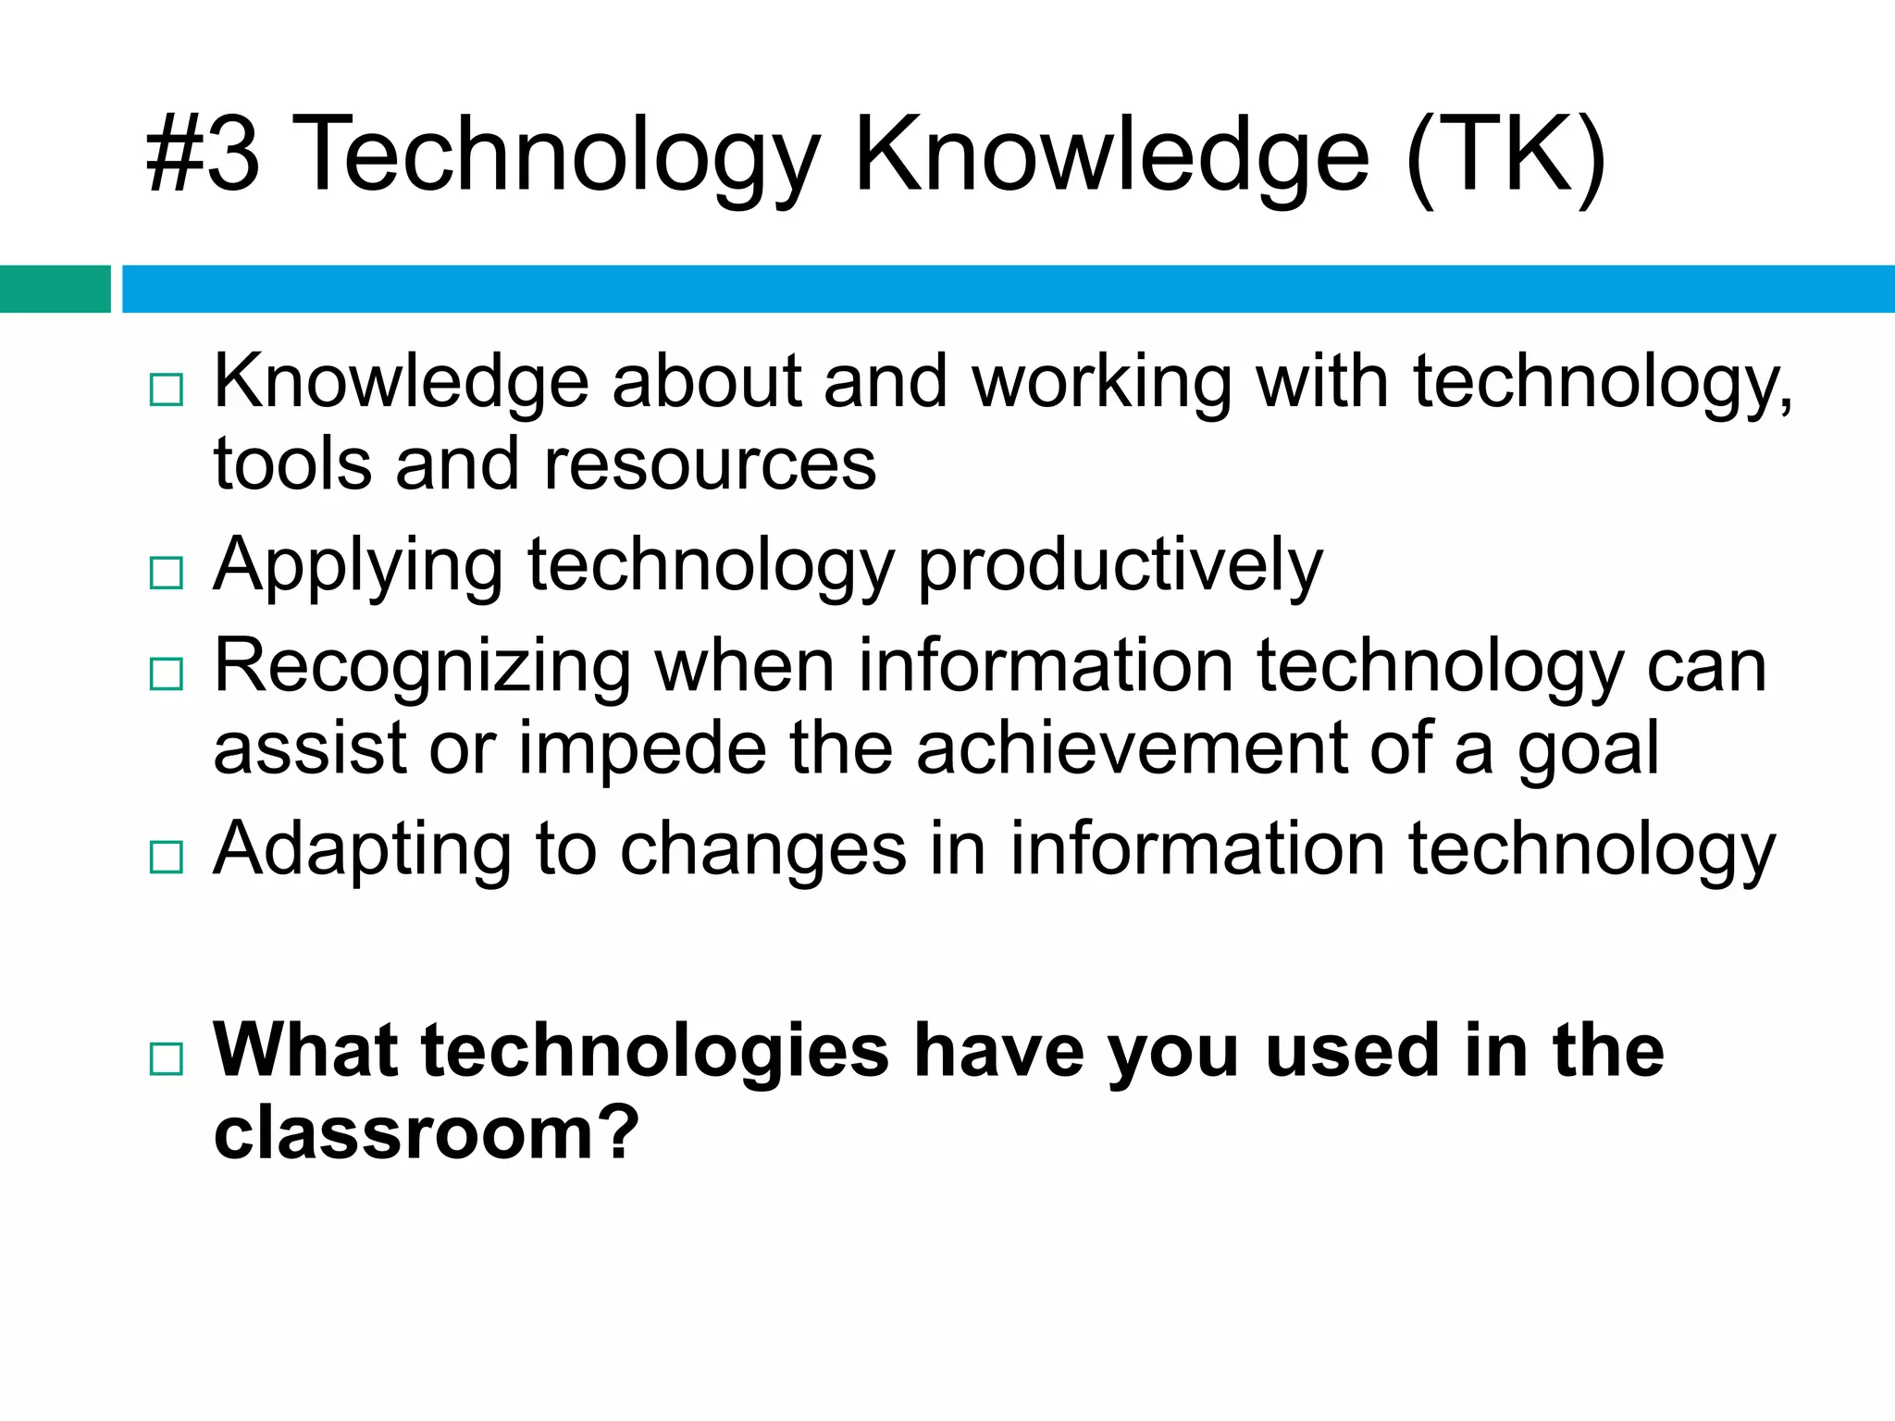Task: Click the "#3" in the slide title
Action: pyautogui.click(x=204, y=154)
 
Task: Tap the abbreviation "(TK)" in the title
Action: pyautogui.click(x=1506, y=155)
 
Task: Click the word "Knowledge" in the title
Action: pyautogui.click(x=1111, y=154)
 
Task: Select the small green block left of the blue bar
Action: pyautogui.click(x=55, y=289)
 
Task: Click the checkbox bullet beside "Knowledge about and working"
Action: pyautogui.click(x=167, y=390)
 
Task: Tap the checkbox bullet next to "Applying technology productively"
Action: pyautogui.click(x=167, y=574)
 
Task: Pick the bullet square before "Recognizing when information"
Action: pyautogui.click(x=167, y=674)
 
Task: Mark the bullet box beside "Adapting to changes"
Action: pyautogui.click(x=167, y=858)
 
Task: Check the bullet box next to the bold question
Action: pyautogui.click(x=167, y=1058)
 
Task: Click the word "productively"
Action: pyautogui.click(x=1121, y=566)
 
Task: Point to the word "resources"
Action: pyautogui.click(x=710, y=464)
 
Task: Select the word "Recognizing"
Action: pyautogui.click(x=422, y=667)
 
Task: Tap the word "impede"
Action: pyautogui.click(x=642, y=748)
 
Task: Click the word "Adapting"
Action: pyautogui.click(x=362, y=850)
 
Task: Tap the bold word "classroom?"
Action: pyautogui.click(x=427, y=1132)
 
